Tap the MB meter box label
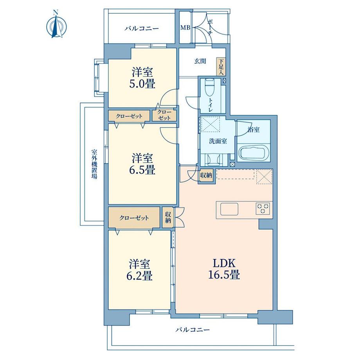(x=185, y=28)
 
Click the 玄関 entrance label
(x=200, y=61)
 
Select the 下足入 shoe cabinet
(x=221, y=67)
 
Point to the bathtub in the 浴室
(x=254, y=153)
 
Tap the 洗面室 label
(x=218, y=141)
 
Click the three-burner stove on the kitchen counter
(x=263, y=209)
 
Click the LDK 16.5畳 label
(x=224, y=268)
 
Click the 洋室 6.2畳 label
(x=140, y=270)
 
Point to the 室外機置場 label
(x=94, y=164)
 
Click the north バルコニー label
(x=142, y=29)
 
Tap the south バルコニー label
(x=193, y=330)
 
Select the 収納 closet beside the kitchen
(x=206, y=176)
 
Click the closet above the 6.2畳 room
(x=134, y=218)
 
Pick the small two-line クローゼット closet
(x=164, y=115)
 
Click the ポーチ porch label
(x=210, y=27)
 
